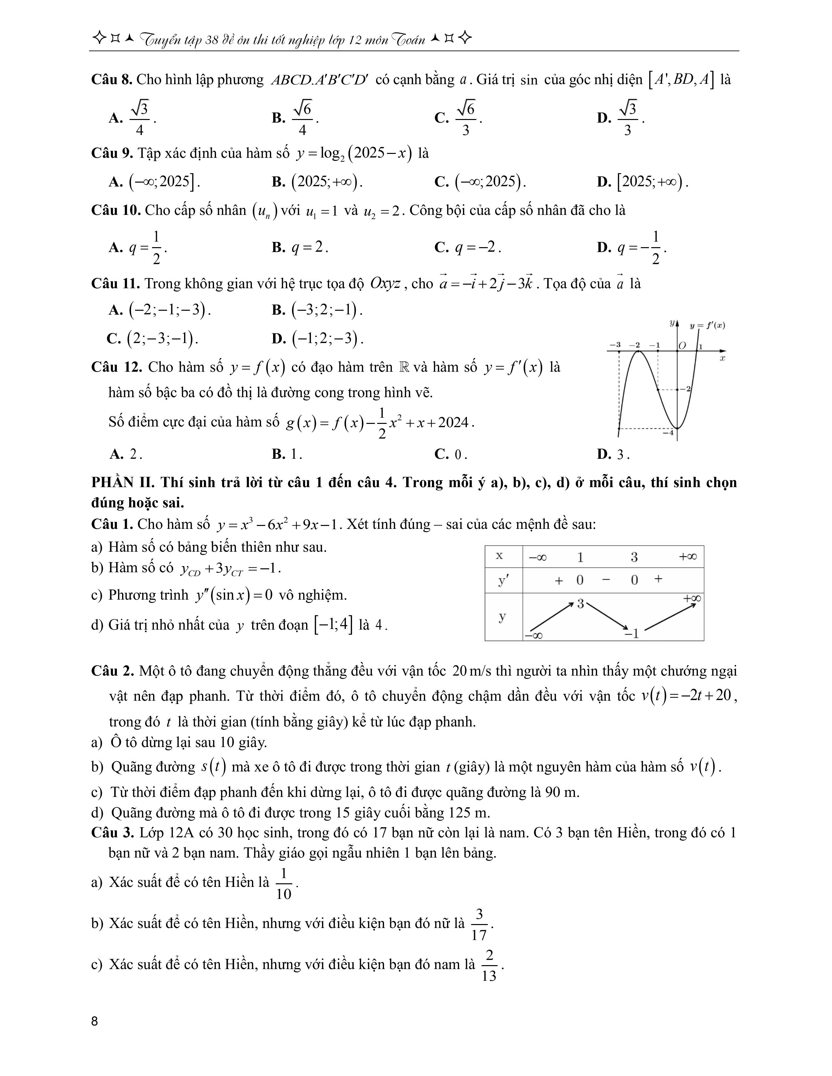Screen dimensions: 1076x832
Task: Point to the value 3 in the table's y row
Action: click(581, 604)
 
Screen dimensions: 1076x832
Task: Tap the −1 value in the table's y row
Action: click(632, 634)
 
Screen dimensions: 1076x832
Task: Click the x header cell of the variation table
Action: click(499, 556)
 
